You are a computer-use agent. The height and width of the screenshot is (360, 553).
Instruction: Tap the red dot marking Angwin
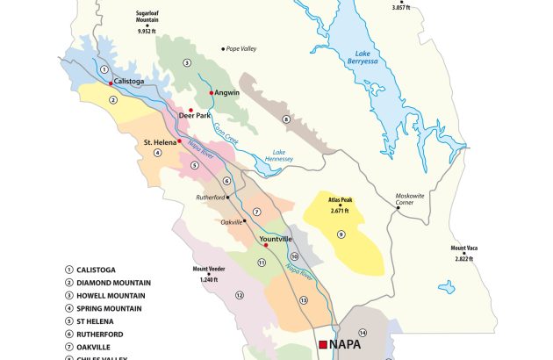212,92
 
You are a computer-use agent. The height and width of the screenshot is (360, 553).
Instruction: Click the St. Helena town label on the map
160,140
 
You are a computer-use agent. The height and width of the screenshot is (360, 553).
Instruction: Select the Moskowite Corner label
413,198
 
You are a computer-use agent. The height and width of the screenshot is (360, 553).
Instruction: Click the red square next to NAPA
323,344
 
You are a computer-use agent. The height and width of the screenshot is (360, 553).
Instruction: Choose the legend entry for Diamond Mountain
114,283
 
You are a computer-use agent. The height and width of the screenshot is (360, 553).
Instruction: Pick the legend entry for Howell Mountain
113,296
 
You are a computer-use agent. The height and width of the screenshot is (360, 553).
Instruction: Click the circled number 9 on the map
341,234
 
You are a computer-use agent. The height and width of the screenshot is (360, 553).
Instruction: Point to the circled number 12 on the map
239,296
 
